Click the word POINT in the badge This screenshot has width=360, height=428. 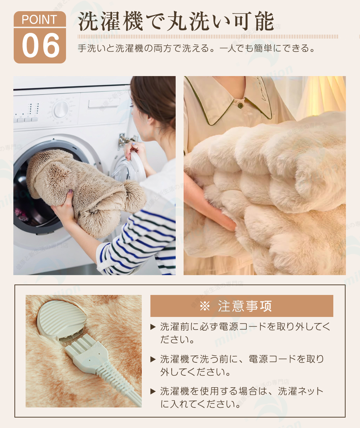point(39,20)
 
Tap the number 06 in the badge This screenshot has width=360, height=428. point(41,45)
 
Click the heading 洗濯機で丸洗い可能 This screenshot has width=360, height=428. point(176,21)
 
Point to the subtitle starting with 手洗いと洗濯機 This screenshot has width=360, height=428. point(196,48)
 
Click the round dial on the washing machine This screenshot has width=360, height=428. point(61,110)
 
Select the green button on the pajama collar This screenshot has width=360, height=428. point(240,105)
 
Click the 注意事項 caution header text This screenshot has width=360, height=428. point(245,306)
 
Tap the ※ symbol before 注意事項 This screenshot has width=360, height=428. point(205,306)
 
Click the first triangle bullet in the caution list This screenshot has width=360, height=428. point(153,327)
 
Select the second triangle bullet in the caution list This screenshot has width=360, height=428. point(153,359)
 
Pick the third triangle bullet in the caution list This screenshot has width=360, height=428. point(153,392)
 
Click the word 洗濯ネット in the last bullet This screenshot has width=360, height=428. point(301,391)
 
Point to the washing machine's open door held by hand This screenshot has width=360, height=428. point(131,168)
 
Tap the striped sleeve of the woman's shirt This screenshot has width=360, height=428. point(137,243)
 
